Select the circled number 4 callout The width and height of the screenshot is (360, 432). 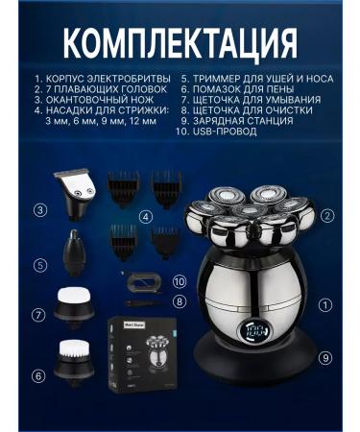(145, 217)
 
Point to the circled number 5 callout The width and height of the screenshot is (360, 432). (40, 264)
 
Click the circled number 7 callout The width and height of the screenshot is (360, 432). (39, 314)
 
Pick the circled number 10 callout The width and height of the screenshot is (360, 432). (179, 281)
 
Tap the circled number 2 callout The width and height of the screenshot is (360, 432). (328, 216)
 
